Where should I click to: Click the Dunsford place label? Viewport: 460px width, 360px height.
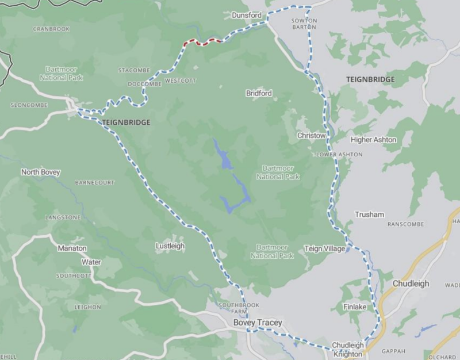point(247,15)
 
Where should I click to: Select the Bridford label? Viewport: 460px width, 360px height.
point(259,93)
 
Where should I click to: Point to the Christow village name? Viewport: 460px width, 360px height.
point(311,136)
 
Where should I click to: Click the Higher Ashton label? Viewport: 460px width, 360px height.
point(373,140)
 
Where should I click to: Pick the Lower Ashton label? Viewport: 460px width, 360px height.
point(339,155)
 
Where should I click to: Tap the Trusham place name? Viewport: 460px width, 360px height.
point(369,215)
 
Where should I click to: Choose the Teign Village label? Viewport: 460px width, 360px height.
point(324,248)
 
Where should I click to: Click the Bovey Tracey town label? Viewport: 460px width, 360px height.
point(258,323)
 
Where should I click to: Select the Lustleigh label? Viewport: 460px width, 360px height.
point(170,246)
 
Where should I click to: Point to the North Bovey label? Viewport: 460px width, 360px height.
point(40,172)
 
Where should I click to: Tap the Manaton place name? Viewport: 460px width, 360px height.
point(72,248)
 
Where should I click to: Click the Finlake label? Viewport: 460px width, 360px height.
point(355,307)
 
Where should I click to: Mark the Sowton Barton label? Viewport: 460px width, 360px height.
point(305,24)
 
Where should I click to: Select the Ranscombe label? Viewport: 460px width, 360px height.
point(405,224)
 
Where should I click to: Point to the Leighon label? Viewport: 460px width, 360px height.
point(87,308)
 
